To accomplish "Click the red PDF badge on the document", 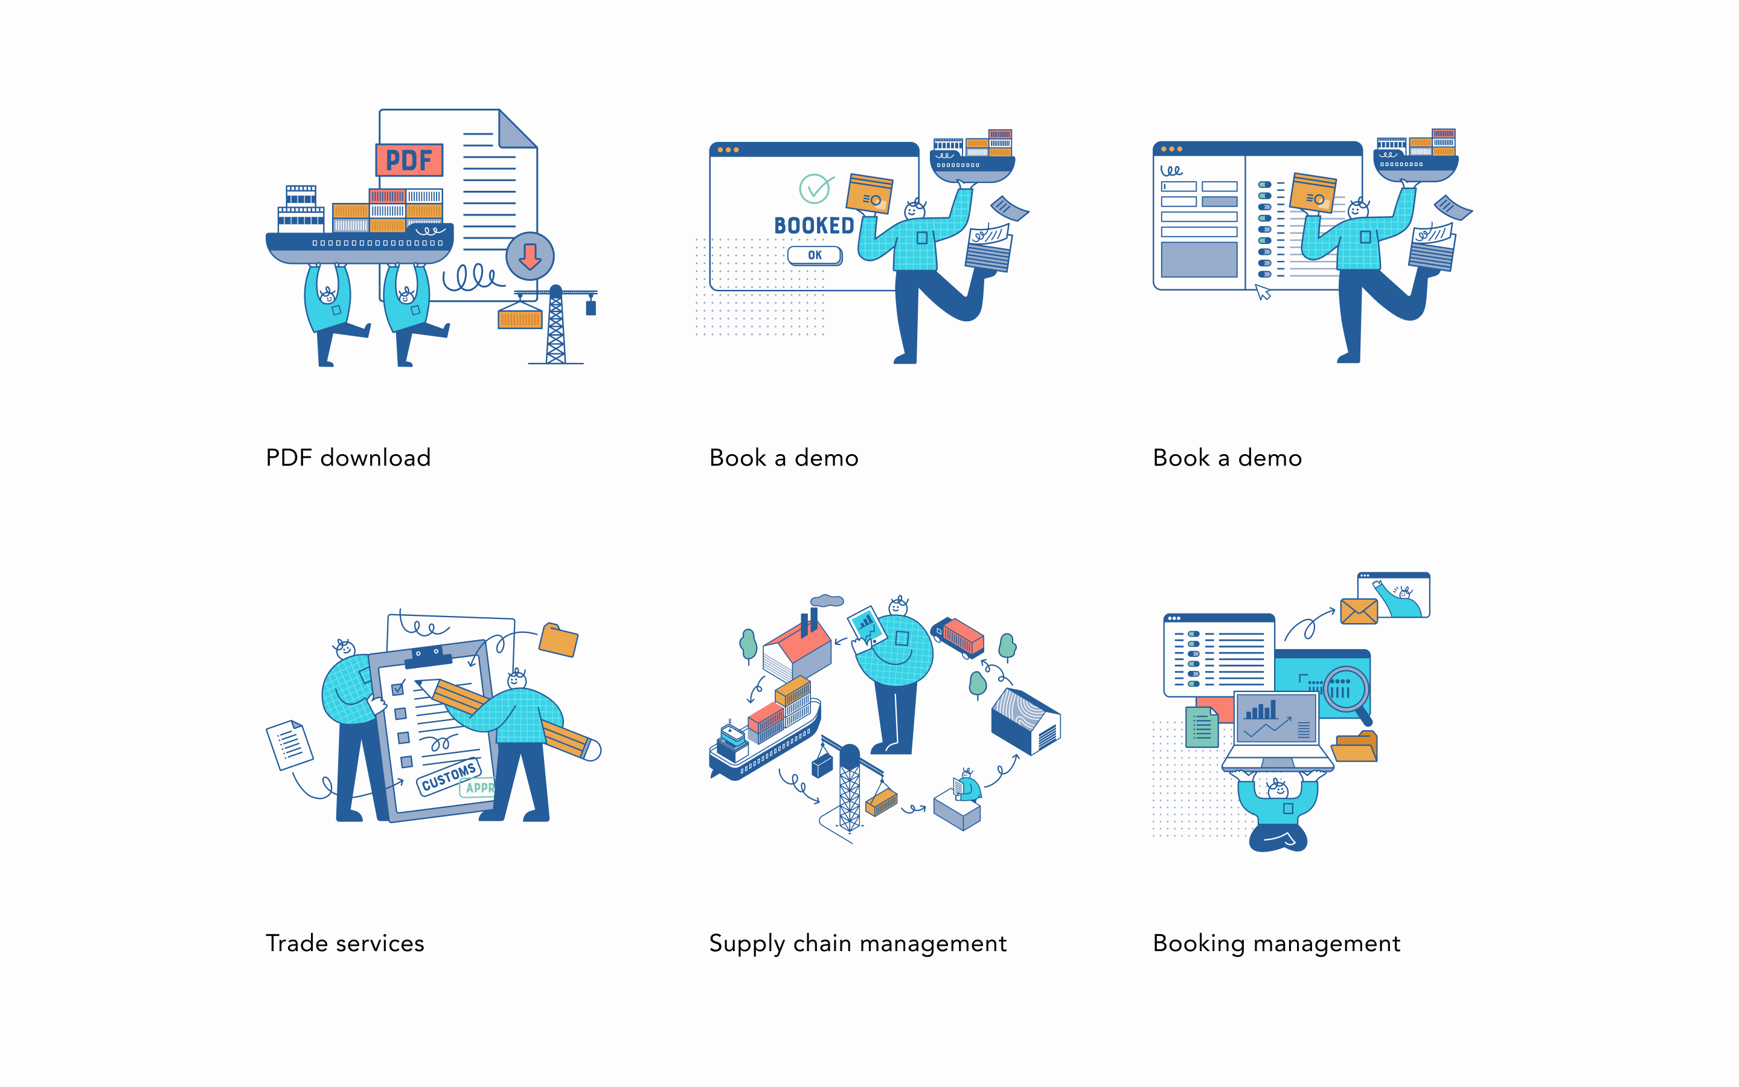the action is (x=409, y=159).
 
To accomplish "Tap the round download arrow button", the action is (x=530, y=256).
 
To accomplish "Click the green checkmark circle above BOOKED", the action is (x=815, y=189).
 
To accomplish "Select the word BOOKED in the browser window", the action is (x=814, y=226).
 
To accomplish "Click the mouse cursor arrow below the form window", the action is (x=1263, y=292).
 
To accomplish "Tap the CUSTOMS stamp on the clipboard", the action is (x=449, y=777).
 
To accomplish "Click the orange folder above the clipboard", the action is (x=559, y=639).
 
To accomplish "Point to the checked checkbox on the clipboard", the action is (x=398, y=688).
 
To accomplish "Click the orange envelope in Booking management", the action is (x=1359, y=611).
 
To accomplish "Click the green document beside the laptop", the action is (x=1202, y=727).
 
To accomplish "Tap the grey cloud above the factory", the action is (x=827, y=600).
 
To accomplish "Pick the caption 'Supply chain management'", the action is (x=857, y=944).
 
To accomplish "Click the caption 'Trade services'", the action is (x=345, y=943).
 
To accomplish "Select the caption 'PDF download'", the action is (x=348, y=458).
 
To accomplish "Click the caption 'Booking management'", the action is (x=1276, y=944).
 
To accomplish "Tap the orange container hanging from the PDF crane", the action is (x=519, y=318).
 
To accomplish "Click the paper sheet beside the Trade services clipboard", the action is (x=290, y=745).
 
